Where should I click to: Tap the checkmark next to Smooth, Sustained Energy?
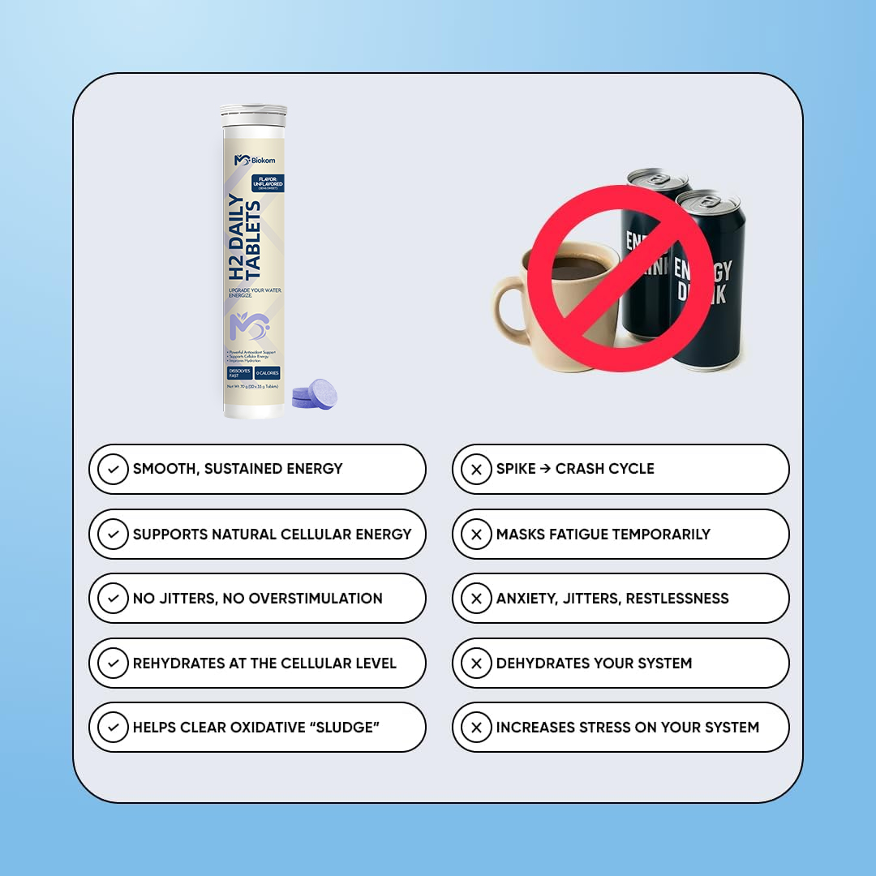(113, 469)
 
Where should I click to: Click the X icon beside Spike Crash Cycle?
(476, 469)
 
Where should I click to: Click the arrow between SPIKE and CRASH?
(545, 469)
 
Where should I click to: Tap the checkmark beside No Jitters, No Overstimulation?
(113, 599)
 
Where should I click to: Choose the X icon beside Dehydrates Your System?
(476, 663)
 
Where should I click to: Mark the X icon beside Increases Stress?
(476, 728)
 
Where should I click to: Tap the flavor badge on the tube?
(267, 183)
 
